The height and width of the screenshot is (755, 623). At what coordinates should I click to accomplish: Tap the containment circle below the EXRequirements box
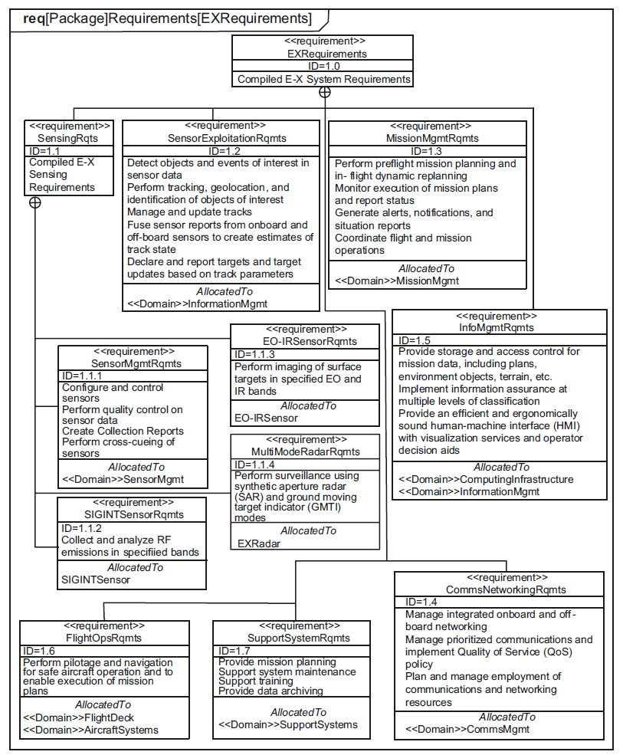pos(325,92)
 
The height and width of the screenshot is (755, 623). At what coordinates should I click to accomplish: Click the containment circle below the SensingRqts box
pos(35,203)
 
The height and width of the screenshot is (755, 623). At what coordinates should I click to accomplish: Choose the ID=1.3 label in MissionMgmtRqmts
pos(428,151)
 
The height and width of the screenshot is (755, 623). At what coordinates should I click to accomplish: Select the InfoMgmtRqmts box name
pos(497,327)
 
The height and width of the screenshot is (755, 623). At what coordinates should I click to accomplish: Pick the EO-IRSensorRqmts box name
pos(305,341)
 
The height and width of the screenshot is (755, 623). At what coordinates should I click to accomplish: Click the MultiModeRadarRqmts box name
pos(305,451)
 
